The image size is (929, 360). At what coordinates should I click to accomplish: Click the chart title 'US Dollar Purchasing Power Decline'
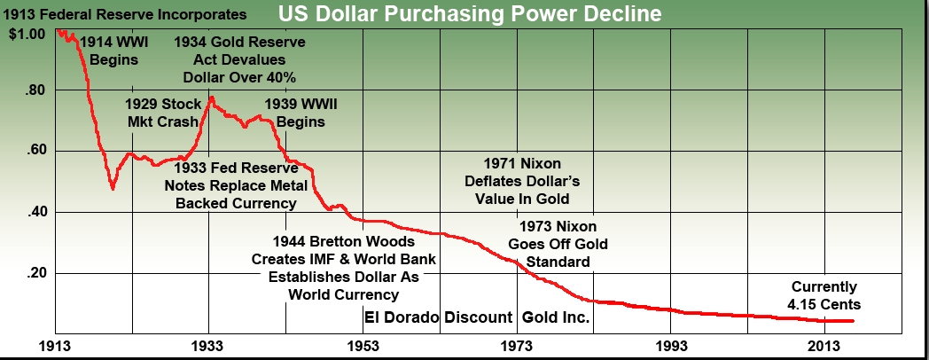point(469,15)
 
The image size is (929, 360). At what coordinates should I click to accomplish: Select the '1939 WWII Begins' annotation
point(301,113)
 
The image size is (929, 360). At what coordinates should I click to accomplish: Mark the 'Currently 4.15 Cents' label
point(824,295)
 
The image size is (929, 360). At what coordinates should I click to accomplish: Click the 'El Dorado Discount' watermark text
point(438,317)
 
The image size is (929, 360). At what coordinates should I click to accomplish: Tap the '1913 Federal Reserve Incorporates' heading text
point(124,15)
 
